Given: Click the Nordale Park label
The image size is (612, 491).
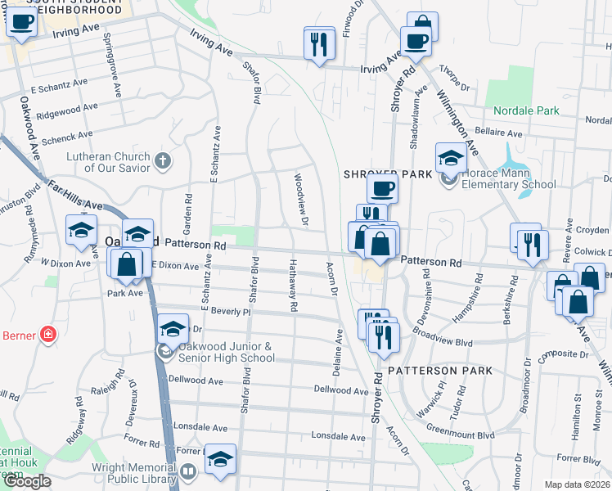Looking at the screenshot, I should tap(526, 110).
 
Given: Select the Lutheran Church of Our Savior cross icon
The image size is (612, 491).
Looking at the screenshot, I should tap(163, 160).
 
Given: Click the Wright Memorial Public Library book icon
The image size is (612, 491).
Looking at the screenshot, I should tap(188, 472).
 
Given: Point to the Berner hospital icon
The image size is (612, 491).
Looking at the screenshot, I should tap(48, 335).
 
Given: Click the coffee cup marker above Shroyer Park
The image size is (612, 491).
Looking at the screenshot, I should tap(382, 190).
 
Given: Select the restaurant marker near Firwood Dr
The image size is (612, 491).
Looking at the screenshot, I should tap(319, 43).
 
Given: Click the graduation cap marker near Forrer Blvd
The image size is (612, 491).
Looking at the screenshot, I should tap(219, 461).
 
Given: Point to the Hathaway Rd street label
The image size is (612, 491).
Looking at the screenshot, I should tap(293, 286).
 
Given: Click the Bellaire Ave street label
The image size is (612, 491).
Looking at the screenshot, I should tap(499, 133).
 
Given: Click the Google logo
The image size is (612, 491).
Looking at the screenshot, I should tap(27, 481).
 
